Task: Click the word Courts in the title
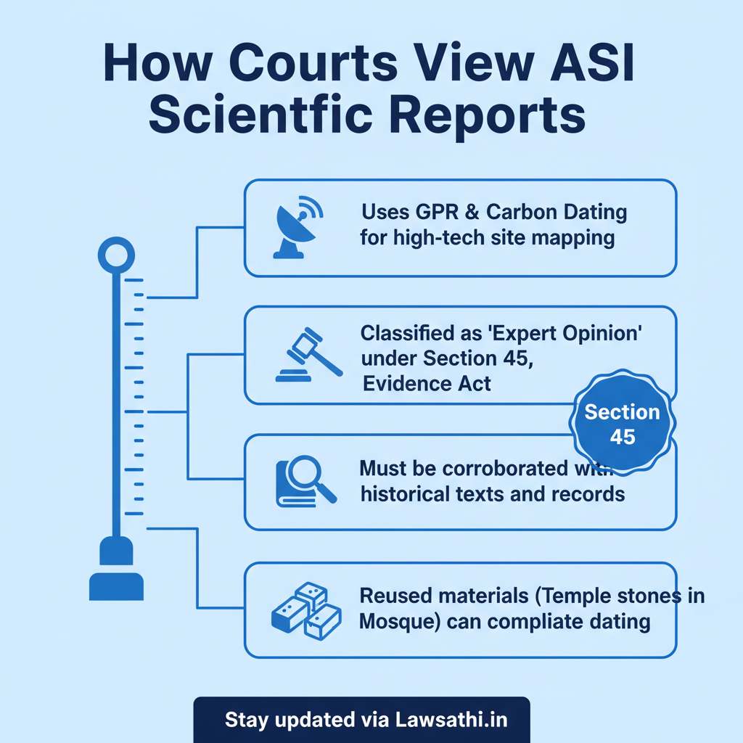pos(313,63)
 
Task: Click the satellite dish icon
pos(298,227)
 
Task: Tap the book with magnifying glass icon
pos(306,482)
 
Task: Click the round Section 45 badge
pos(622,423)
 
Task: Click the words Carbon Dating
pos(557,212)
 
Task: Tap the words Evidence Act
pos(427,383)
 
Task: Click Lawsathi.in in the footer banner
pos(451,720)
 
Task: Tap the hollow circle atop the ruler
pos(116,255)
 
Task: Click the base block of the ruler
pos(116,586)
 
